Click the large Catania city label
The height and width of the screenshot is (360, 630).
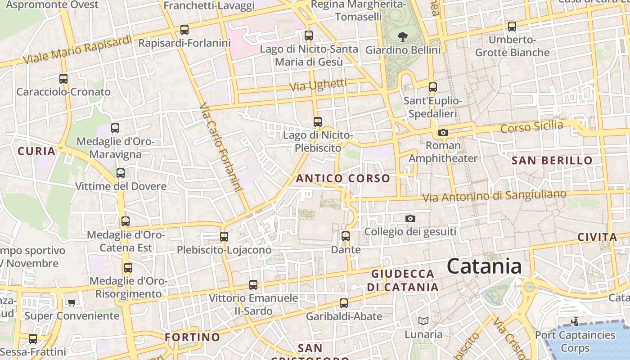[484, 266]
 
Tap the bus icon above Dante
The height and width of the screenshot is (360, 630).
[345, 236]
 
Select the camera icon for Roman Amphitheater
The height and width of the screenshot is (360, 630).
[443, 132]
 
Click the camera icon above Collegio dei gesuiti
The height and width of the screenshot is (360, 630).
[410, 218]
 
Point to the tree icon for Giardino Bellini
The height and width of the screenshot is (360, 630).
[403, 36]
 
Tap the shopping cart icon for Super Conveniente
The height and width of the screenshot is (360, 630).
[72, 302]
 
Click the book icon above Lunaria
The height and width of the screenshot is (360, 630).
[423, 321]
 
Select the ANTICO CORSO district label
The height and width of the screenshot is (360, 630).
[343, 178]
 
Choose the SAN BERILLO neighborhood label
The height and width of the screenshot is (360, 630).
[552, 160]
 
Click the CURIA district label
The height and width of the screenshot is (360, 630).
[36, 151]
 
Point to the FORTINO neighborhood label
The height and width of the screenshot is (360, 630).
[192, 337]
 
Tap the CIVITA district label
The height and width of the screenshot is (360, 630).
[597, 237]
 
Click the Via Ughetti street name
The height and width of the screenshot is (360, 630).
[318, 85]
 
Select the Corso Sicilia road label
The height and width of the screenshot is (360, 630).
[531, 127]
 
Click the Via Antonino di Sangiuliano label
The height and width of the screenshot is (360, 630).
[494, 196]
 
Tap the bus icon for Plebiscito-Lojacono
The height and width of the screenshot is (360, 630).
[224, 236]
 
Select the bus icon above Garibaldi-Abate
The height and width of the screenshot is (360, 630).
[344, 303]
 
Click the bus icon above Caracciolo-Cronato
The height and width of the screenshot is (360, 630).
[63, 78]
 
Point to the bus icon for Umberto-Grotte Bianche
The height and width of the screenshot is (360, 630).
[512, 27]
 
